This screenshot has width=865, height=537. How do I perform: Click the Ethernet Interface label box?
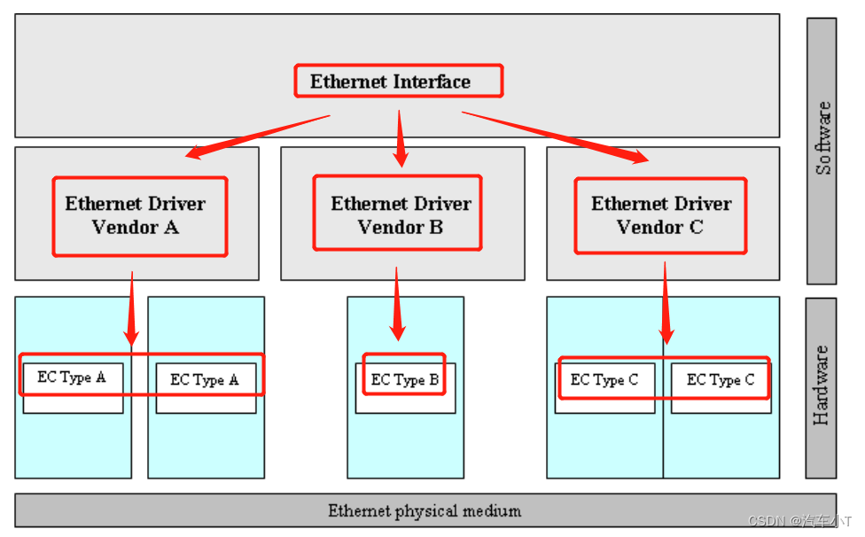[398, 81]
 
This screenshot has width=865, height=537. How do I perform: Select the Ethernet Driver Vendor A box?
[139, 216]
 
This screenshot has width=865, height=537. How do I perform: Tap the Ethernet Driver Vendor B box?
[397, 214]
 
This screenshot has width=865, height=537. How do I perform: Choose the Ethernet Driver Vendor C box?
[660, 215]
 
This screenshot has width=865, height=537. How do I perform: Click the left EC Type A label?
[71, 377]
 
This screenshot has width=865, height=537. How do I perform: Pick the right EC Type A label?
[204, 379]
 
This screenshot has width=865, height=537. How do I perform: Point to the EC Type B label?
[404, 379]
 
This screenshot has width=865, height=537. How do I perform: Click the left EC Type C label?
[604, 379]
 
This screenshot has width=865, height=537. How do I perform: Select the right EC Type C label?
[721, 379]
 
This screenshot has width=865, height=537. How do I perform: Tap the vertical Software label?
[823, 138]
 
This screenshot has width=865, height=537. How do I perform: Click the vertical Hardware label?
[822, 385]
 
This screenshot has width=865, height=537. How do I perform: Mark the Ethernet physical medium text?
[425, 510]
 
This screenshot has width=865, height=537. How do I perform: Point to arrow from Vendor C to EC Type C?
[666, 302]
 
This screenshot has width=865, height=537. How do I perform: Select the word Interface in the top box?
[432, 82]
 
